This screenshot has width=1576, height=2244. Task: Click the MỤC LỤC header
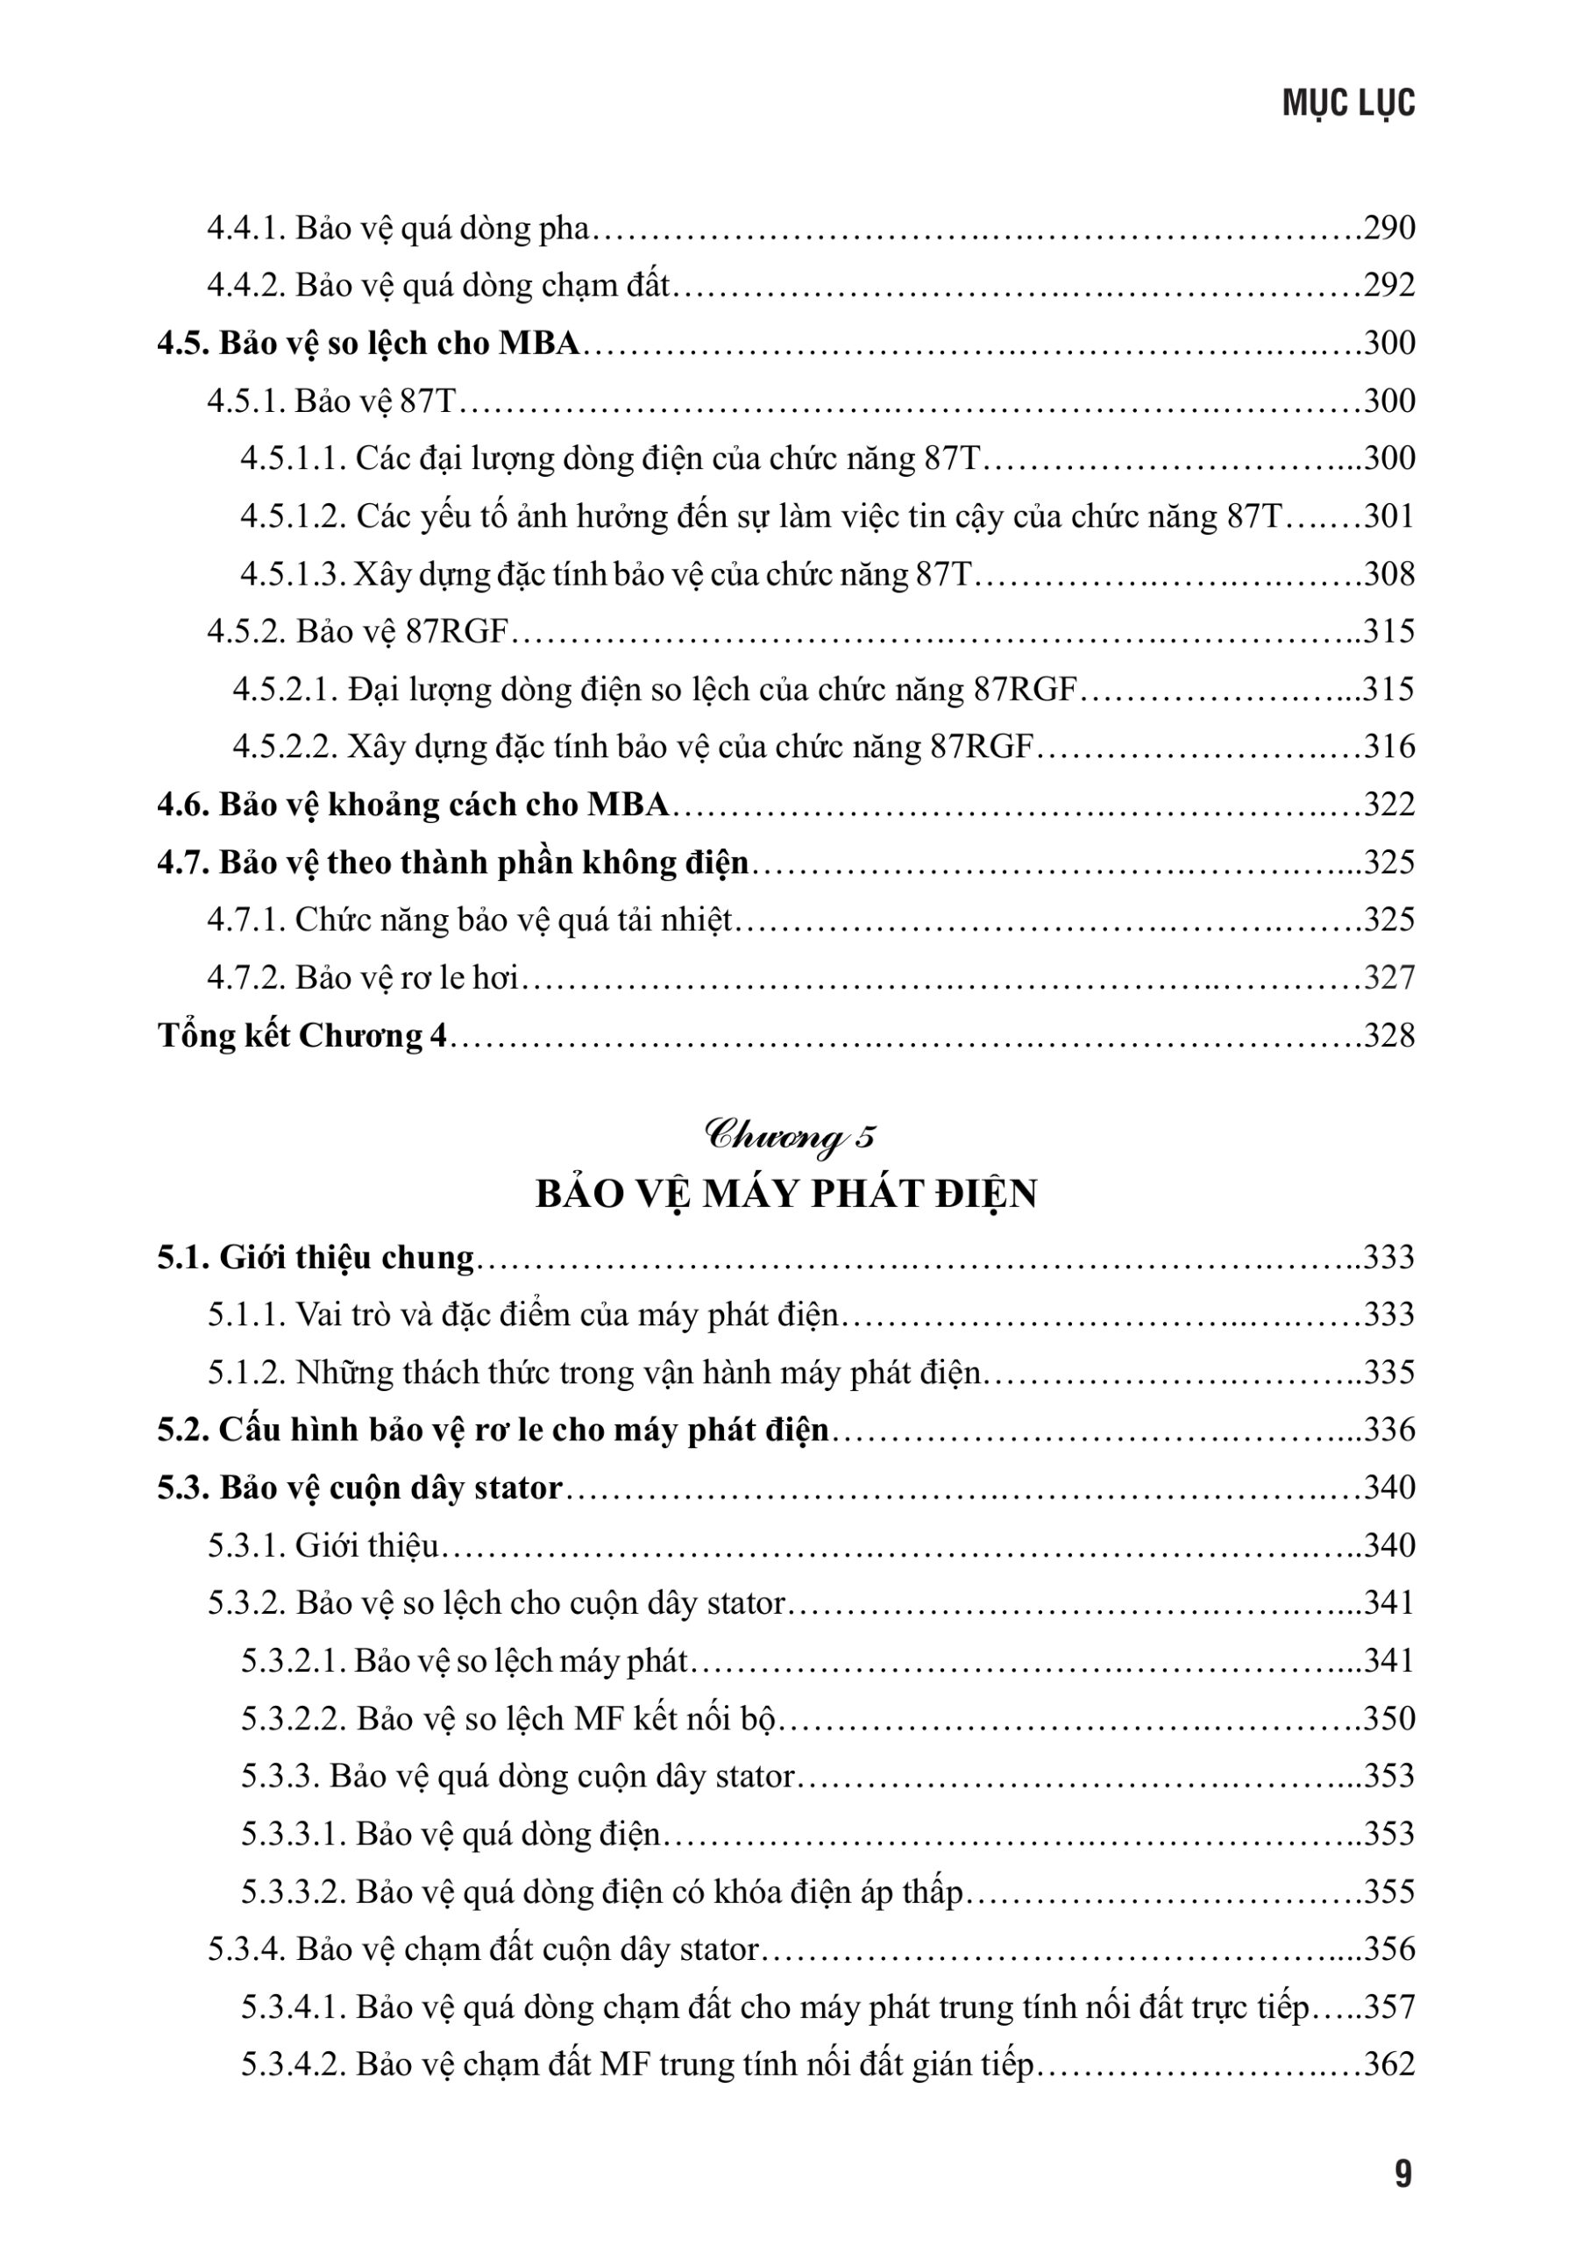1347,103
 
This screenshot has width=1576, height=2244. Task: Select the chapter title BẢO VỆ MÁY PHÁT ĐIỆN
786,1195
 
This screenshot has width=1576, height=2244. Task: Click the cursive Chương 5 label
790,1137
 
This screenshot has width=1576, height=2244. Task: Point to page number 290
1388,228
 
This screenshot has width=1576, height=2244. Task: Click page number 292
1388,286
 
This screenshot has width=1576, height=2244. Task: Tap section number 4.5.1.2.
293,516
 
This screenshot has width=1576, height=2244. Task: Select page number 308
1388,573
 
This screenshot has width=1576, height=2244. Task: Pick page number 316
1388,747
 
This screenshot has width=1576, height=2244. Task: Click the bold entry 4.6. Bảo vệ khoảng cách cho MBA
414,805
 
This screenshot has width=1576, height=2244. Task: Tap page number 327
1388,977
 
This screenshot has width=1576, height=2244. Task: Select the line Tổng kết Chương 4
303,1035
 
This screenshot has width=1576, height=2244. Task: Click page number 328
1388,1035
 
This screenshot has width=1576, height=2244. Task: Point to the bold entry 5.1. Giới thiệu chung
316,1258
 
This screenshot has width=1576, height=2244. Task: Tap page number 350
1388,1719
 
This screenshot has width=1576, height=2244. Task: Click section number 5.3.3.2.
293,1893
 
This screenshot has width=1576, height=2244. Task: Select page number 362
1388,2065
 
